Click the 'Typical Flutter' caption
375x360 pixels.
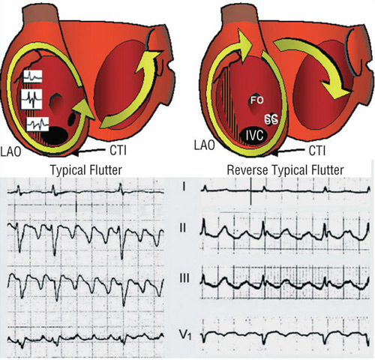86,170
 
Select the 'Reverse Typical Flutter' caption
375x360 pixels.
285,170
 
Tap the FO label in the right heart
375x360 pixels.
257,100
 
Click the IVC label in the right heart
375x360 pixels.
254,136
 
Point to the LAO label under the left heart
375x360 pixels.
10,151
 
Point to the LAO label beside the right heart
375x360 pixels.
205,145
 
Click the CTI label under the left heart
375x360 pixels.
118,151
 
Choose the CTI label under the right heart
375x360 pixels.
317,151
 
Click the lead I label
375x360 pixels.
184,187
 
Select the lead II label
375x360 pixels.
183,228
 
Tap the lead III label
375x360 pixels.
184,278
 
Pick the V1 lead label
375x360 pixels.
185,335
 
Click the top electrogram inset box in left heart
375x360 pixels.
32,76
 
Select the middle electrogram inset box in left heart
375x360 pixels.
31,99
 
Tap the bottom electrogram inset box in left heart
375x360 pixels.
37,124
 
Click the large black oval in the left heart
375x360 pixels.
55,134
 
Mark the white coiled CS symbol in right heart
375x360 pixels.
271,119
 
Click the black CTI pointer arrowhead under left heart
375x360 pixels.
76,153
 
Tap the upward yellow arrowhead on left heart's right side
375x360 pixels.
148,62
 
